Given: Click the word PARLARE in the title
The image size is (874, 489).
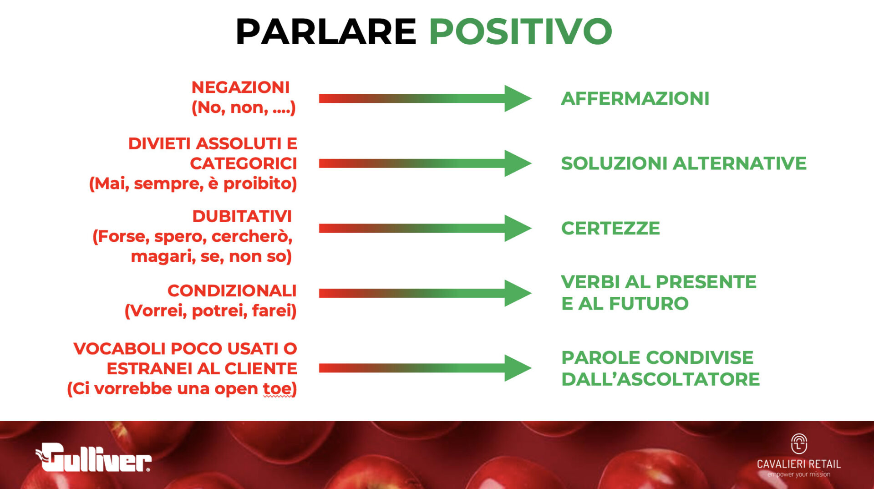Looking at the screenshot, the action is tap(326, 31).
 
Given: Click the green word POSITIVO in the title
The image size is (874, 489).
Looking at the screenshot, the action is tap(520, 31).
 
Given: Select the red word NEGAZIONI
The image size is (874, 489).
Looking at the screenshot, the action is tap(240, 87).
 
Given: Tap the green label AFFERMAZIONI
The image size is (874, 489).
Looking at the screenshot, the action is tap(635, 98).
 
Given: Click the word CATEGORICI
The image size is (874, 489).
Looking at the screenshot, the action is tap(244, 163).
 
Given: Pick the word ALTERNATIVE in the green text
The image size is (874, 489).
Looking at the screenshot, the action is tap(740, 163).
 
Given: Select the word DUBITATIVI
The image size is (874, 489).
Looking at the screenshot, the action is tap(242, 216).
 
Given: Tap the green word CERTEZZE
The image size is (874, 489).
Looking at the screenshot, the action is tap(610, 228).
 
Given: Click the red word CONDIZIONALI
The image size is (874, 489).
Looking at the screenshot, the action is tap(232, 290).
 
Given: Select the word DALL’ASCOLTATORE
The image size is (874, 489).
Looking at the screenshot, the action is tap(661, 379).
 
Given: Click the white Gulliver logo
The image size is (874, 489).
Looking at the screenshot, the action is tap(93, 457).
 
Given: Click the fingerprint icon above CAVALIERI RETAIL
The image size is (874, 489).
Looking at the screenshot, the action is tap(799, 444).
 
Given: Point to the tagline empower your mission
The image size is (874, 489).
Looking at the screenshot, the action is tap(799, 474).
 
